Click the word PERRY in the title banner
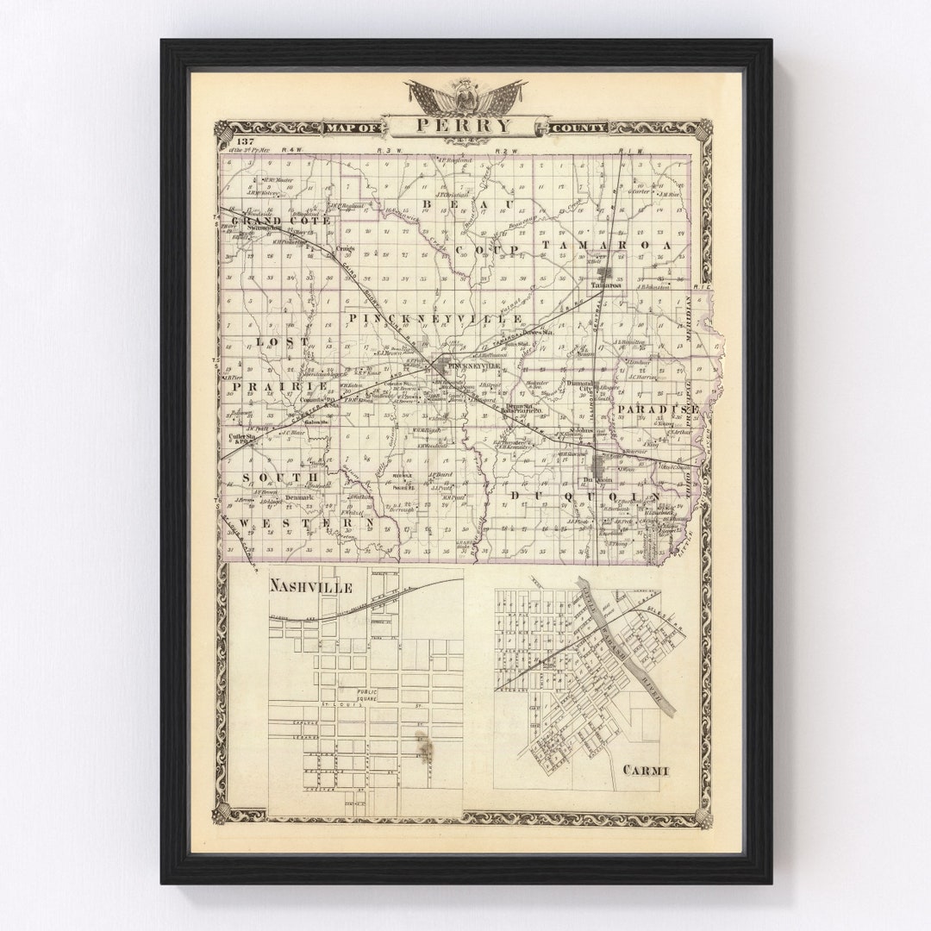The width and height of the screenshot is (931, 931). click(x=463, y=126)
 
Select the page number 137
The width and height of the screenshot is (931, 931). click(x=245, y=141)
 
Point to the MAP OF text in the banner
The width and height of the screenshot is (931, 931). click(x=352, y=128)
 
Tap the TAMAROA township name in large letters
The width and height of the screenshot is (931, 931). click(x=606, y=246)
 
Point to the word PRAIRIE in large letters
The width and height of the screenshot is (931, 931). click(x=266, y=387)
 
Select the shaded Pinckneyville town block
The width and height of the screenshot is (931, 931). click(x=442, y=367)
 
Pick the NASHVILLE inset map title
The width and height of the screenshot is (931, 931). click(x=310, y=586)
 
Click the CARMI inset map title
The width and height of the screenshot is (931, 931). click(x=643, y=770)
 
